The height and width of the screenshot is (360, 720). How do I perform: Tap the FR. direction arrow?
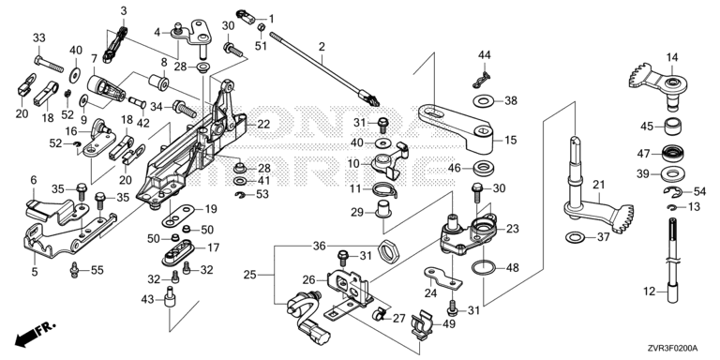coord(35,335)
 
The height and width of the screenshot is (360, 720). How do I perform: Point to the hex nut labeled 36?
coord(389,250)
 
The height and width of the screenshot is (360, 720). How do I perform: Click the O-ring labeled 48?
coord(485,267)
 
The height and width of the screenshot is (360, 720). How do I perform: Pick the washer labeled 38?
coord(483,100)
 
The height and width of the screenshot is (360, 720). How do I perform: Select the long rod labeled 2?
coord(323,67)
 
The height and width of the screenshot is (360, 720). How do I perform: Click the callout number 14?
coord(672,57)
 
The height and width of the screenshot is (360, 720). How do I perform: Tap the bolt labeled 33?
coord(49,64)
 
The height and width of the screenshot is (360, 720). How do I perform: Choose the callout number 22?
coord(263,124)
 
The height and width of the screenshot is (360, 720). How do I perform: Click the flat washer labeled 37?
coord(575,237)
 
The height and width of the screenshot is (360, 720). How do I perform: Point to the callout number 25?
coord(250,275)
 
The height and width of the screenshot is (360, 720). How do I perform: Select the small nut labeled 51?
coord(261,27)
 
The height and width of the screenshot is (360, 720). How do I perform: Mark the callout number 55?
coord(97,270)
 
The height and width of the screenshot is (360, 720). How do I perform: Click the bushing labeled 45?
coord(673,127)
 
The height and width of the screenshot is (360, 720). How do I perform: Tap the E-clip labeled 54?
coord(673,191)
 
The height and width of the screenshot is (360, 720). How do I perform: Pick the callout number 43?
coord(148,300)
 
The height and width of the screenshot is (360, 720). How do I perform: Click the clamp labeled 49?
coord(420,325)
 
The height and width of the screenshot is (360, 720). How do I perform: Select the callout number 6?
coord(33,180)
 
